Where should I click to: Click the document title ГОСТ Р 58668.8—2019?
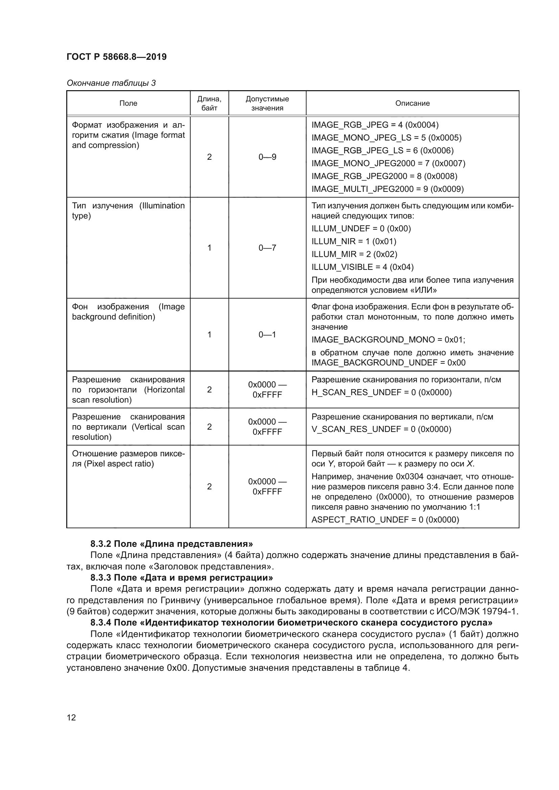click(x=116, y=57)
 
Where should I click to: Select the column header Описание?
click(x=412, y=103)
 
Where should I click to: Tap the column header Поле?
click(x=128, y=103)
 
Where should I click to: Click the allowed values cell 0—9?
click(x=267, y=157)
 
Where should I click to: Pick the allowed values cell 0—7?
click(x=267, y=248)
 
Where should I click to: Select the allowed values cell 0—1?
click(x=267, y=334)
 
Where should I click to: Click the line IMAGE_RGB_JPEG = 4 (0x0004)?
click(x=375, y=125)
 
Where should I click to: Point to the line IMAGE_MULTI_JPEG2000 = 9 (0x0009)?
click(x=388, y=189)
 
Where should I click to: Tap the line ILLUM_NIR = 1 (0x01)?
click(x=354, y=241)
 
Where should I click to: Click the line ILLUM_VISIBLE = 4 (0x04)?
click(x=362, y=267)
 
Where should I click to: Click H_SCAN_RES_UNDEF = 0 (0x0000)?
click(x=381, y=392)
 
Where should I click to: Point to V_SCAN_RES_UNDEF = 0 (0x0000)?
click(x=381, y=429)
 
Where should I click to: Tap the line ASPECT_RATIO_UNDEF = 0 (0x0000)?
click(x=385, y=519)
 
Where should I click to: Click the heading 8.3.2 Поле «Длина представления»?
click(x=171, y=544)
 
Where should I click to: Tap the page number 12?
click(x=71, y=717)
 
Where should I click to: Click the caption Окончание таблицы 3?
click(x=111, y=83)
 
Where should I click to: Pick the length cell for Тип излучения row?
click(x=209, y=248)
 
